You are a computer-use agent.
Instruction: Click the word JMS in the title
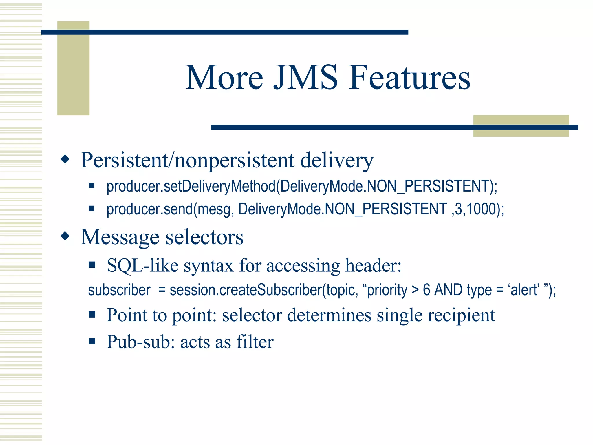tap(306, 78)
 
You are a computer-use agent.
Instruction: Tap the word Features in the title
tap(409, 78)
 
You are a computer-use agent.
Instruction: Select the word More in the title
tap(224, 78)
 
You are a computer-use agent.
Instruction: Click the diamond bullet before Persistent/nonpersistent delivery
tap(65, 159)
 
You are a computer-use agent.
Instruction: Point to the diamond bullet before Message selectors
tap(65, 236)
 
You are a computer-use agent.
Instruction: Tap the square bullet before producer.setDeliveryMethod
tap(91, 185)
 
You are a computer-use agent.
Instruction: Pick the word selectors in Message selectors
tap(204, 237)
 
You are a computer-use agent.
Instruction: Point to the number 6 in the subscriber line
tap(426, 290)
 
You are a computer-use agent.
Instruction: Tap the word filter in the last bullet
tap(255, 342)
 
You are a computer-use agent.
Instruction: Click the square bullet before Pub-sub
tap(92, 341)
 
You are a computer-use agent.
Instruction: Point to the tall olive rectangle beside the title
tap(73, 68)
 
